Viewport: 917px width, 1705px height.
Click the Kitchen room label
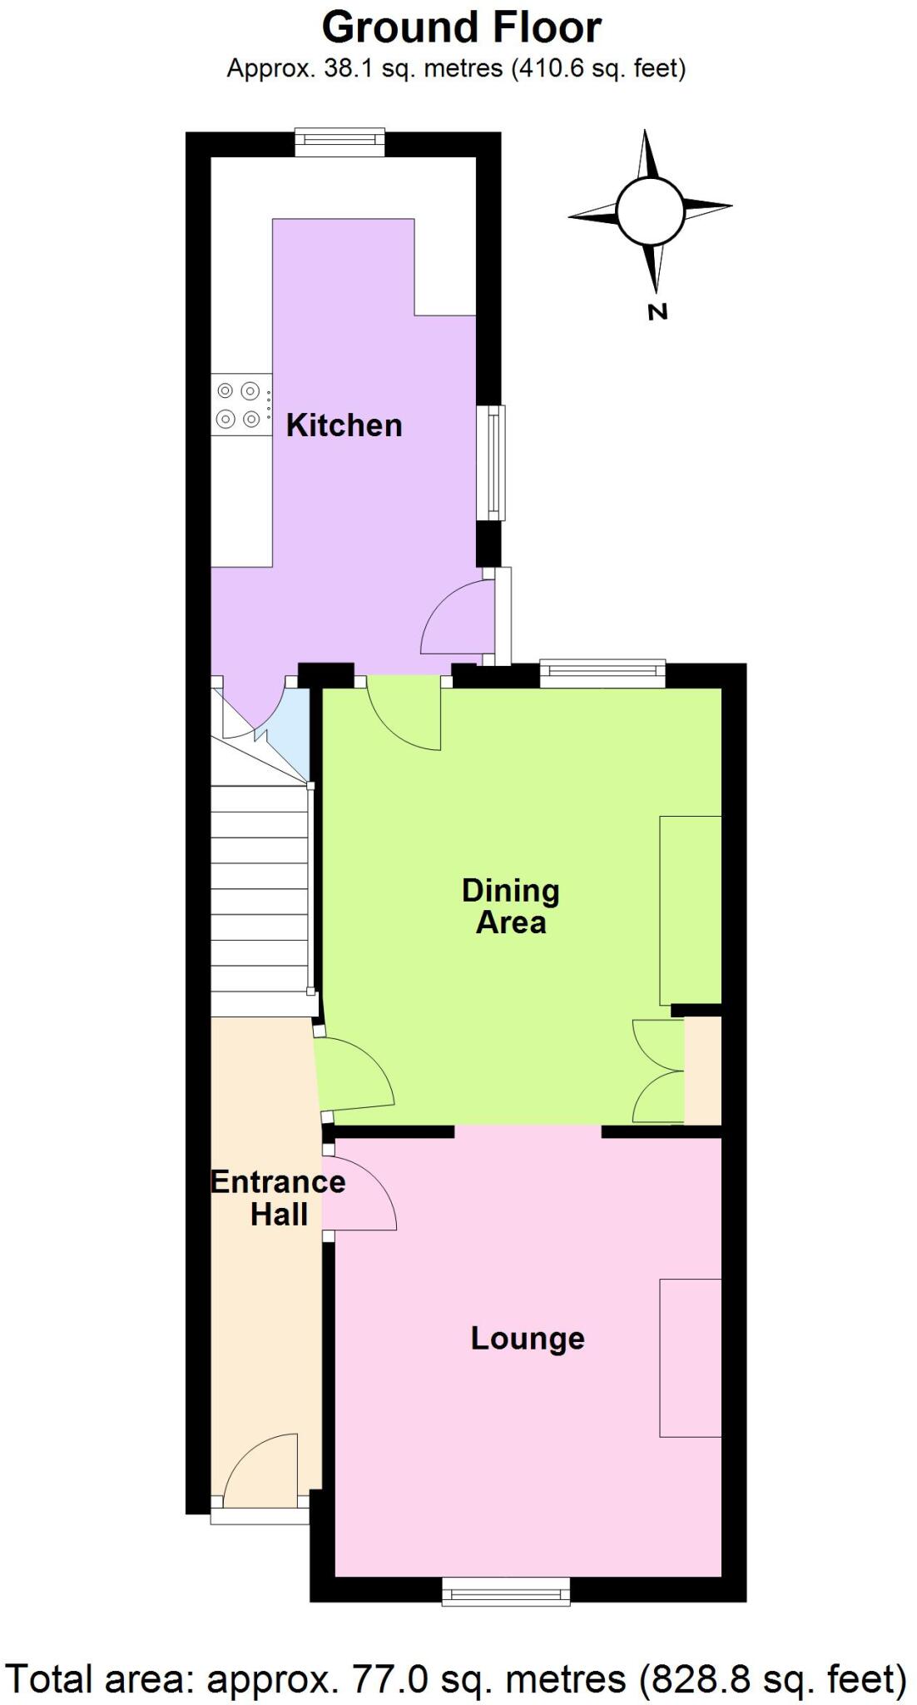(344, 425)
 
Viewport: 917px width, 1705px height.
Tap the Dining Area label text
(510, 907)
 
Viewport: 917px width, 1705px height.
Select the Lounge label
(528, 1339)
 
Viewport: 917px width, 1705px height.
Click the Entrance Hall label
(278, 1198)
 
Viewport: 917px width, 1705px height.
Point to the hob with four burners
(240, 405)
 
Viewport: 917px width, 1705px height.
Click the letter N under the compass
(657, 312)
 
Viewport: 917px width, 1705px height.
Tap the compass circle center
(651, 211)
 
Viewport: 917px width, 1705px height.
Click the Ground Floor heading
(461, 27)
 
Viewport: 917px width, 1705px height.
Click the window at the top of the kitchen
(340, 142)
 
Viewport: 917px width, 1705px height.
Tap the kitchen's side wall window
(492, 463)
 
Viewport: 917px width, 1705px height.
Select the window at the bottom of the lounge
(506, 1592)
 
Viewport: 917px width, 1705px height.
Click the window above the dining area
(602, 673)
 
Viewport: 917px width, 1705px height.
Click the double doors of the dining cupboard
(657, 1071)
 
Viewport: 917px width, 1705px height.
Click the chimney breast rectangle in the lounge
(690, 1357)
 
